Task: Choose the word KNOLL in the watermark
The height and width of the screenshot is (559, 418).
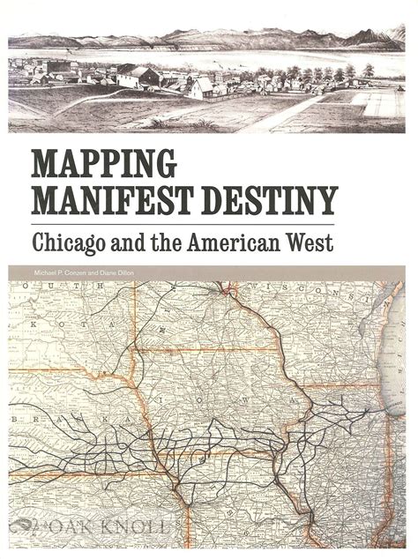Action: pos(132,528)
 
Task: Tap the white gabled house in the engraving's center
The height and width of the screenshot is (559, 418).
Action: pos(202,86)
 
